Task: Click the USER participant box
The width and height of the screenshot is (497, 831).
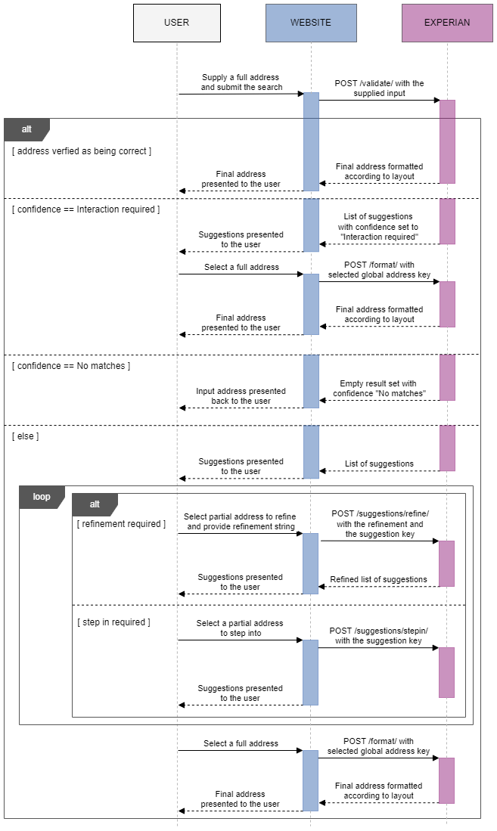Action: point(176,23)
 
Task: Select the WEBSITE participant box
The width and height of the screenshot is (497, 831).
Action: point(310,23)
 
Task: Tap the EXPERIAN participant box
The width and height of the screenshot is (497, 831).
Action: point(446,23)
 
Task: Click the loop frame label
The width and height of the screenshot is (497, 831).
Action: point(42,497)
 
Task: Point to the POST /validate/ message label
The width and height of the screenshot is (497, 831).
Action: point(379,88)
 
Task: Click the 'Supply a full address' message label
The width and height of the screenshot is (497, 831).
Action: point(241,82)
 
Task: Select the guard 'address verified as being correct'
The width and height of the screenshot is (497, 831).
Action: point(82,151)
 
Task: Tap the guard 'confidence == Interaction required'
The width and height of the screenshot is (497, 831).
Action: point(85,209)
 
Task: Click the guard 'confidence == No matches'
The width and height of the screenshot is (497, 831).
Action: point(71,366)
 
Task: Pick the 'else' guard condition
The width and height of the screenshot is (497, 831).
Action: point(26,436)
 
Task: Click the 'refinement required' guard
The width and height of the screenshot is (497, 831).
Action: point(121,524)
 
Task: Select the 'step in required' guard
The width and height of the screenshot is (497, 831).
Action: point(113,622)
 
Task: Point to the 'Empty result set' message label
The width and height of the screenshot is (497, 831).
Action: point(378,389)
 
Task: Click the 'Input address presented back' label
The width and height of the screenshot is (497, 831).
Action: point(241,396)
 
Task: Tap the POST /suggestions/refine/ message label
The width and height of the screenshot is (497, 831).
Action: point(379,523)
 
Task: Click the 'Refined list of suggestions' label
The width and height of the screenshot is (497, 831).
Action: point(378,579)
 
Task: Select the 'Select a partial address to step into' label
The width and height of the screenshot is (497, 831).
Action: point(240,628)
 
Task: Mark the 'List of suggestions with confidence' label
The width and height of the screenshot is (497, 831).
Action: point(378,227)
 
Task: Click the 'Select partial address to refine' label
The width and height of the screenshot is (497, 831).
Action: point(240,522)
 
